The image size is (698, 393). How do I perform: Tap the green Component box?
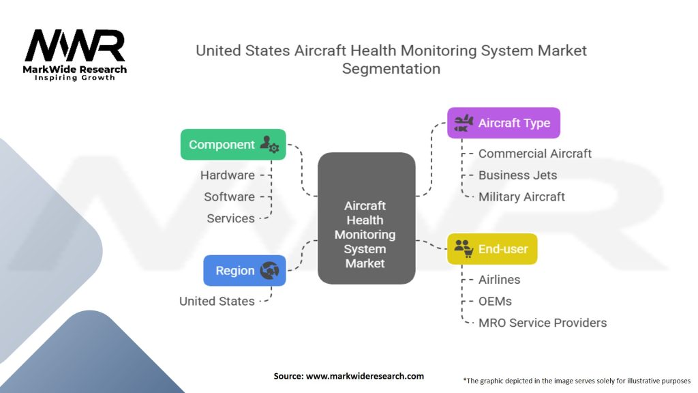(x=232, y=145)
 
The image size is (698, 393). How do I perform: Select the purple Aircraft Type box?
(x=503, y=123)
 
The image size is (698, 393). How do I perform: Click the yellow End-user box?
(x=491, y=249)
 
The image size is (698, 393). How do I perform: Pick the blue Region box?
(x=244, y=270)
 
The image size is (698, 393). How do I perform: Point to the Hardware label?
(x=227, y=175)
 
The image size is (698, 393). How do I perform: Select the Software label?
(x=229, y=197)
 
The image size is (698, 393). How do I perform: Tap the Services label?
(x=230, y=218)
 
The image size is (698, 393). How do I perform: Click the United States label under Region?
(x=217, y=301)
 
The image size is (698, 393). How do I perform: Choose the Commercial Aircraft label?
(x=534, y=154)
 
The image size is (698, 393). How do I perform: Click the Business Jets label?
(x=517, y=175)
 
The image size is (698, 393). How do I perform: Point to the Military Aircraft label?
(x=521, y=197)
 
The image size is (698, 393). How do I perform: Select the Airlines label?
(x=499, y=280)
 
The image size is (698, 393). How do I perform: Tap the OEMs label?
(x=495, y=301)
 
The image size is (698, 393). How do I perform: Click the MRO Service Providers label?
(x=542, y=323)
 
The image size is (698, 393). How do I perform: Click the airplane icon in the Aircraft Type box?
(x=464, y=123)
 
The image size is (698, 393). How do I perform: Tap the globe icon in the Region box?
(x=269, y=271)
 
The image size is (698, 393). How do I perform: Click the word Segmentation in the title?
(x=391, y=69)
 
